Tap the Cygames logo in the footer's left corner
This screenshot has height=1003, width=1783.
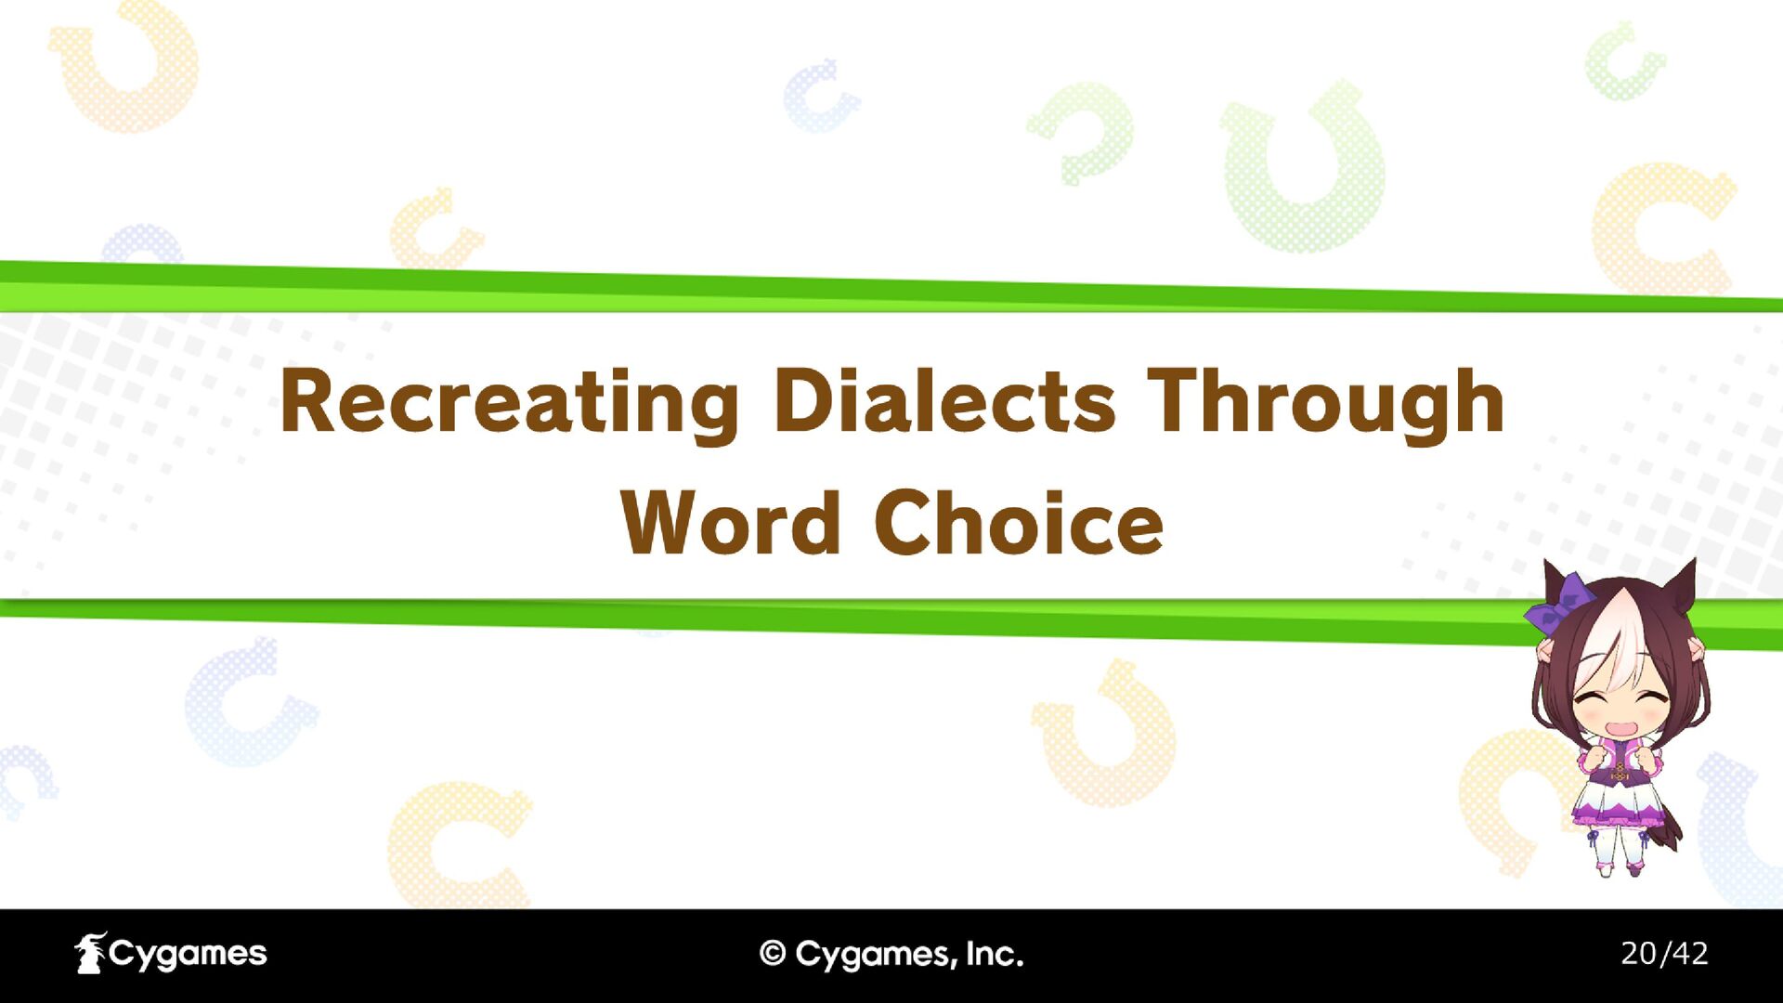[171, 954]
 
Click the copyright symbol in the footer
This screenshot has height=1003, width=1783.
[773, 953]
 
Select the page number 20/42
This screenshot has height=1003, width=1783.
[1664, 953]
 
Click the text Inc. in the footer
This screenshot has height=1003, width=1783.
[995, 954]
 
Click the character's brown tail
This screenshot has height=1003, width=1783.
[1669, 822]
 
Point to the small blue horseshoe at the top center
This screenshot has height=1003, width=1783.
[819, 95]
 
